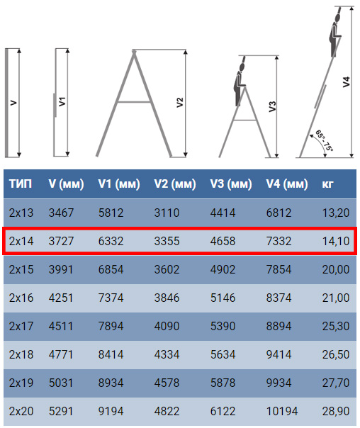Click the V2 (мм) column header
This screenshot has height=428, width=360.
175,184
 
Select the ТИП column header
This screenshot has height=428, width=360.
21,184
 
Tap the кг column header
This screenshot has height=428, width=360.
327,184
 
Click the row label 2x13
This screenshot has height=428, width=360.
21,213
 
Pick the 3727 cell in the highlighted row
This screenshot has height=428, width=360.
61,242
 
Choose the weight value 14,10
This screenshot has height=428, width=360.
336,242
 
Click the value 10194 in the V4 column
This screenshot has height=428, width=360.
282,411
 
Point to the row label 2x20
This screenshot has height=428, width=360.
21,411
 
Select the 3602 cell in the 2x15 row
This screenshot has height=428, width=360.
167,270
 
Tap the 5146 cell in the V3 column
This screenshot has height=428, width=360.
223,298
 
